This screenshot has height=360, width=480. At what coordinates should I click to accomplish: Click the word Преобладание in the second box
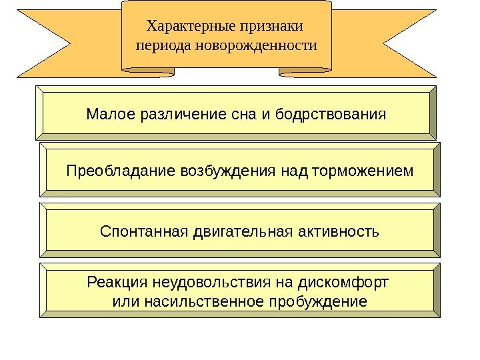[x=121, y=172]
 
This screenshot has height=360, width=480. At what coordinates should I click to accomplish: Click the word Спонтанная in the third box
[x=143, y=232]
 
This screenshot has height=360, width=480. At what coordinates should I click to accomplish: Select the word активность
[x=338, y=232]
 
